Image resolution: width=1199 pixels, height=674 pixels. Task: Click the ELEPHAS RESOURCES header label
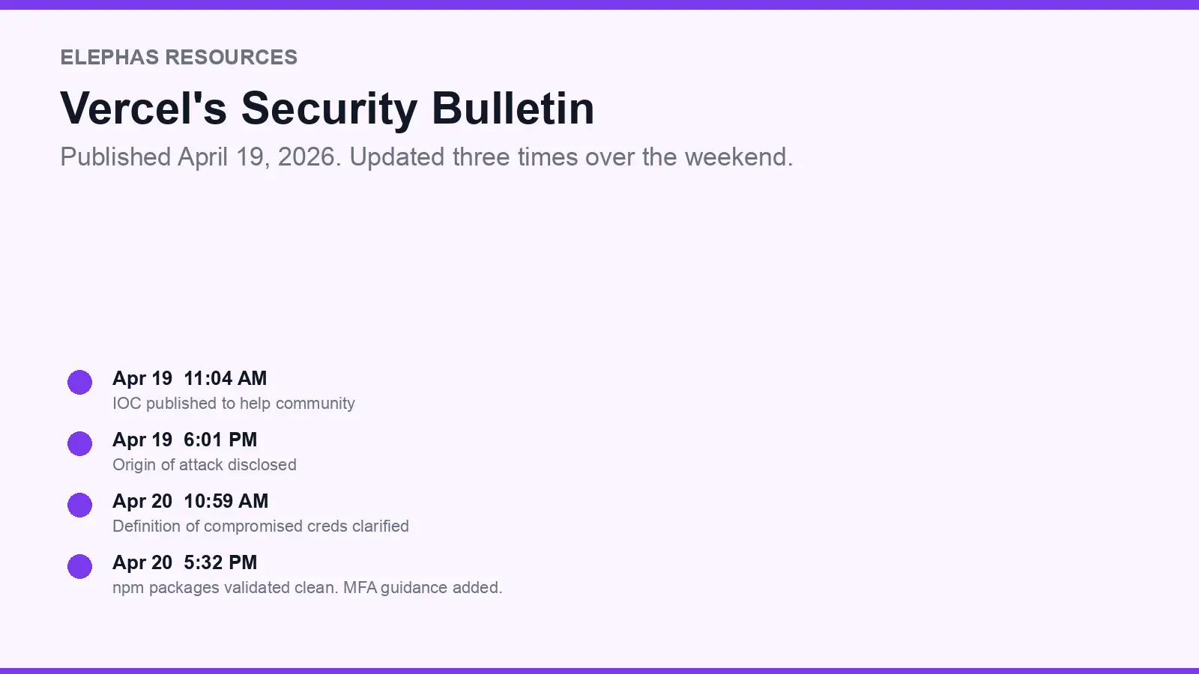(178, 58)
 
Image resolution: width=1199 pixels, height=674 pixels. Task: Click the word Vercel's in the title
(143, 108)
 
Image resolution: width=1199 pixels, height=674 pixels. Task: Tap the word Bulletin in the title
(513, 108)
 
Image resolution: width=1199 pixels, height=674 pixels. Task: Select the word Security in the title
(329, 109)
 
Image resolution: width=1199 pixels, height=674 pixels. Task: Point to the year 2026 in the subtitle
(306, 157)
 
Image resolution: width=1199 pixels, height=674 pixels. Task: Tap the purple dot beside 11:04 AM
(79, 382)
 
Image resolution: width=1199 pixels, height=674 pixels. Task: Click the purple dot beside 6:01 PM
(79, 443)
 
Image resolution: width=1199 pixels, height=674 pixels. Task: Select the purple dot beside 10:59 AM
(79, 505)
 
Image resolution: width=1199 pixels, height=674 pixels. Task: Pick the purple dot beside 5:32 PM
(79, 566)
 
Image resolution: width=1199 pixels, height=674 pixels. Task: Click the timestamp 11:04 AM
(225, 378)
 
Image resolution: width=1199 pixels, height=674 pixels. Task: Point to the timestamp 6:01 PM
(220, 440)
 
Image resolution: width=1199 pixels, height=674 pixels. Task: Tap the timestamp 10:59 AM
(226, 501)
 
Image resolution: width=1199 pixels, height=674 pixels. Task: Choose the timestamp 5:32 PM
(220, 562)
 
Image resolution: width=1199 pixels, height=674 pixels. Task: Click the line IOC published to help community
(234, 403)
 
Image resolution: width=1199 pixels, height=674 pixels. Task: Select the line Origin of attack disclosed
(205, 464)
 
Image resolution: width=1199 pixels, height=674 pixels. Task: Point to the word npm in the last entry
(128, 588)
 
